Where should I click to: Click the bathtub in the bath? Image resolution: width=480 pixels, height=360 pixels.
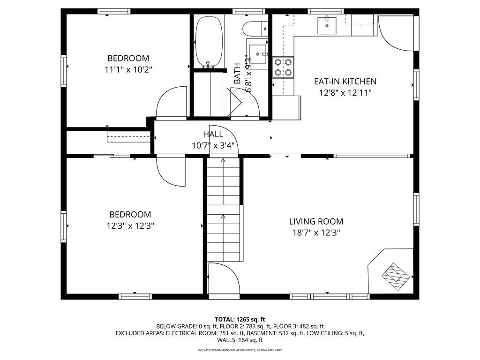209,41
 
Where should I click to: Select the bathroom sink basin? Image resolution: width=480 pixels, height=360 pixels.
257,54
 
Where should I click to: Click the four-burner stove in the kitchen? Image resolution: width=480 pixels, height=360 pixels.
283,67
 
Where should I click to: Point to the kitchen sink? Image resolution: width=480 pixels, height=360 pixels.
327,25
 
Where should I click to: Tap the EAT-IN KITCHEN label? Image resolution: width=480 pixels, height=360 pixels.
345,82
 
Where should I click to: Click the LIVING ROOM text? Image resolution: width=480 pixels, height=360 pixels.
316,221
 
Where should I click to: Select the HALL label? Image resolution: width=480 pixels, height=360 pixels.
213,134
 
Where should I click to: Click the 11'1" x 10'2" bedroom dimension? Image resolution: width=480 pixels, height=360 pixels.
128,70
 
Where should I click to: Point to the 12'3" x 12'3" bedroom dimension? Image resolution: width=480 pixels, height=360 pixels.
130,226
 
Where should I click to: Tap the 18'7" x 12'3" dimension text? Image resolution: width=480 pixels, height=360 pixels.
316,233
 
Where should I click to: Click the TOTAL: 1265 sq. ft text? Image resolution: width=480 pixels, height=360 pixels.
240,320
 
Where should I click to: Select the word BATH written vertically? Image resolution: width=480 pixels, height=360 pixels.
237,74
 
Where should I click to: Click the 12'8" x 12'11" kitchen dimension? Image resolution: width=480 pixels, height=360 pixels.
345,93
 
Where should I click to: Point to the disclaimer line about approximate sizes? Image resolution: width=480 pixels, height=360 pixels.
240,350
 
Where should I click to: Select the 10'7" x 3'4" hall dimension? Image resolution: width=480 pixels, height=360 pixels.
213,145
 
